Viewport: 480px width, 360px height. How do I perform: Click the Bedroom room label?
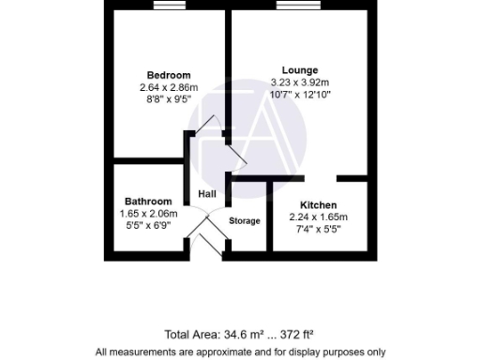click(x=169, y=75)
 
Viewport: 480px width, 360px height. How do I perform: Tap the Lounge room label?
click(x=300, y=69)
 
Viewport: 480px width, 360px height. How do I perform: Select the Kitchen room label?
click(x=319, y=205)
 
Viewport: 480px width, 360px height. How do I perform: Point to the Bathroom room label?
click(x=148, y=202)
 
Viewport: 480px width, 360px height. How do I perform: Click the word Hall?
click(x=206, y=194)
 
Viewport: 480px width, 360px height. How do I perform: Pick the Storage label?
click(x=245, y=220)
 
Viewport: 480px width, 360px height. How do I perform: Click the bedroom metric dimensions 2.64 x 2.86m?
click(x=169, y=88)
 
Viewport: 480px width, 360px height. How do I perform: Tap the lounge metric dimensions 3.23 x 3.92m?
click(x=300, y=82)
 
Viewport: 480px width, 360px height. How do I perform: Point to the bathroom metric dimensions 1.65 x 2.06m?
click(x=148, y=214)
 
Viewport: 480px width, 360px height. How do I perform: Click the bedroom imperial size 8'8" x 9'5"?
click(x=169, y=100)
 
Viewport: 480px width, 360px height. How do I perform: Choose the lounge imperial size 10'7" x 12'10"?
click(x=300, y=95)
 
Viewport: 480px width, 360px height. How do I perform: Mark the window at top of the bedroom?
click(x=169, y=8)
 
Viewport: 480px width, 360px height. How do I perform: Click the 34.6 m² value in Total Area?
click(x=241, y=334)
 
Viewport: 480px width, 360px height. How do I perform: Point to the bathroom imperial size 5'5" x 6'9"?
click(x=148, y=226)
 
